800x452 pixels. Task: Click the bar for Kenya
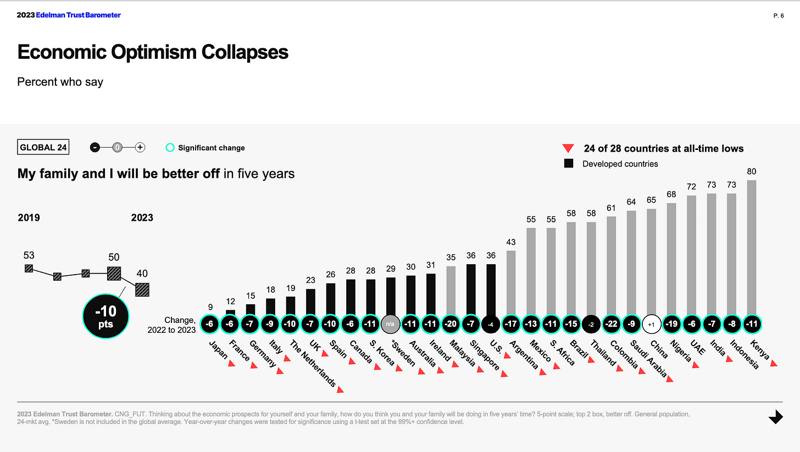751,247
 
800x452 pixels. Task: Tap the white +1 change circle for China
651,323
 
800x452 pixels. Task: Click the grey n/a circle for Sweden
390,323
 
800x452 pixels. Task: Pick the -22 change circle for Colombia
611,323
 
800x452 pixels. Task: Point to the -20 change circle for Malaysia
450,323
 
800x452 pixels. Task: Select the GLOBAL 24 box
43,147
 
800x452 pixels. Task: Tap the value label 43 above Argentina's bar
510,242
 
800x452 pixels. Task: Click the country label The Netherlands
313,364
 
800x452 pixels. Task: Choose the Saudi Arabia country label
648,359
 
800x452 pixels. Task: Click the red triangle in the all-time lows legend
569,148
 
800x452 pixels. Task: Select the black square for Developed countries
569,163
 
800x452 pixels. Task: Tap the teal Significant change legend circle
170,147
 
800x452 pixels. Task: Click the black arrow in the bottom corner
775,417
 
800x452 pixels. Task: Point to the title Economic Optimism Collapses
153,52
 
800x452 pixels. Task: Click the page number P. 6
778,16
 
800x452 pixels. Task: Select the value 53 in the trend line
29,255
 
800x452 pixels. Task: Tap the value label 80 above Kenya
751,171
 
